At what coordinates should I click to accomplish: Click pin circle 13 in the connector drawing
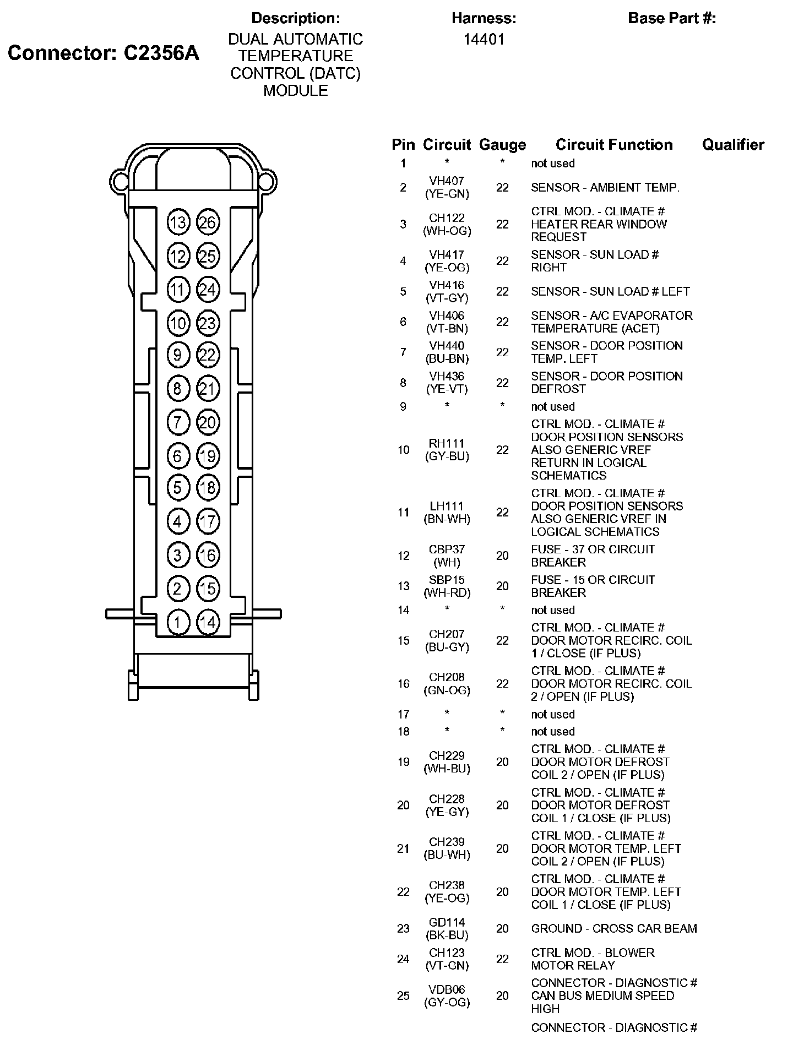point(178,222)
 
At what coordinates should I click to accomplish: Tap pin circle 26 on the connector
point(208,222)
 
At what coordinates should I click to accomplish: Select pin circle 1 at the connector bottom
point(178,623)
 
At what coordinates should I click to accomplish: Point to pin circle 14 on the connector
point(208,623)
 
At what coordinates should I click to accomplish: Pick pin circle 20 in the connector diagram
point(208,423)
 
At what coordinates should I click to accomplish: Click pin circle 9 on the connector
point(178,355)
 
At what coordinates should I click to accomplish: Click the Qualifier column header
point(733,145)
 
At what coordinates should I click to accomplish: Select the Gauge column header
point(502,145)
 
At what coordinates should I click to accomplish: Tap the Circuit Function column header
point(614,145)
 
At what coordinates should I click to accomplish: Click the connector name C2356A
point(161,53)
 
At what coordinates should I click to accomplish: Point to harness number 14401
point(484,40)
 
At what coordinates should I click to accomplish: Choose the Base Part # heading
point(672,18)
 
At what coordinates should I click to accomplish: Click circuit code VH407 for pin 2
point(447,181)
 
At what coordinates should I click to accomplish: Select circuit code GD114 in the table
point(447,922)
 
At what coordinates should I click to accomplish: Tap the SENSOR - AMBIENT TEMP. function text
point(605,188)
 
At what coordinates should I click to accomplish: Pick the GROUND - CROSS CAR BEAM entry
point(614,929)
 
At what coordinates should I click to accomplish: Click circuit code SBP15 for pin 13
point(447,580)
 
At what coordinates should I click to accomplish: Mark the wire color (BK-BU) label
point(447,935)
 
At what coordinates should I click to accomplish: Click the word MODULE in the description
point(296,91)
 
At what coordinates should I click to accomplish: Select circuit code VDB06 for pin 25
point(447,989)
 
